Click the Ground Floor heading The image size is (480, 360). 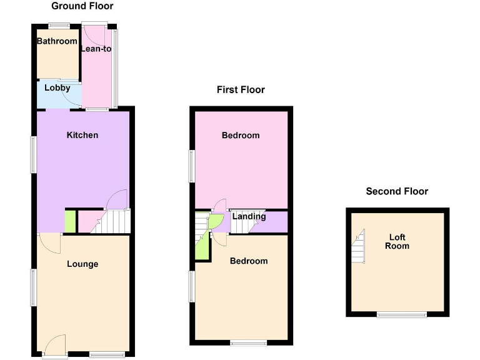(x=82, y=6)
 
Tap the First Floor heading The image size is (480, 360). (x=241, y=90)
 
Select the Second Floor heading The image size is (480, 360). (x=397, y=191)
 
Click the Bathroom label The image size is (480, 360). (x=57, y=41)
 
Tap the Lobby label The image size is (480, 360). (x=57, y=88)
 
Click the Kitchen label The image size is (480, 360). (x=82, y=135)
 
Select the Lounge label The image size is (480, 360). (x=82, y=264)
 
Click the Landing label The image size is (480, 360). (x=249, y=217)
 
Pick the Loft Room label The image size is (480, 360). (x=397, y=241)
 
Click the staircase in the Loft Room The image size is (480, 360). (x=359, y=246)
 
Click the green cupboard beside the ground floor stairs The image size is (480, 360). (x=70, y=221)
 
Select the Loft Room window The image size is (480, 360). (x=402, y=314)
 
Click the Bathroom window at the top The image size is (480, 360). (x=59, y=25)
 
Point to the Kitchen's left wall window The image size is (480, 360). (x=34, y=154)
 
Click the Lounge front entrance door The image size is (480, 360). (x=55, y=346)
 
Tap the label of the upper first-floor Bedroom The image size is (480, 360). (x=241, y=136)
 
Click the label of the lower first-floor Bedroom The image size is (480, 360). (x=249, y=261)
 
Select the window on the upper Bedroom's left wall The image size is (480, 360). (x=192, y=167)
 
